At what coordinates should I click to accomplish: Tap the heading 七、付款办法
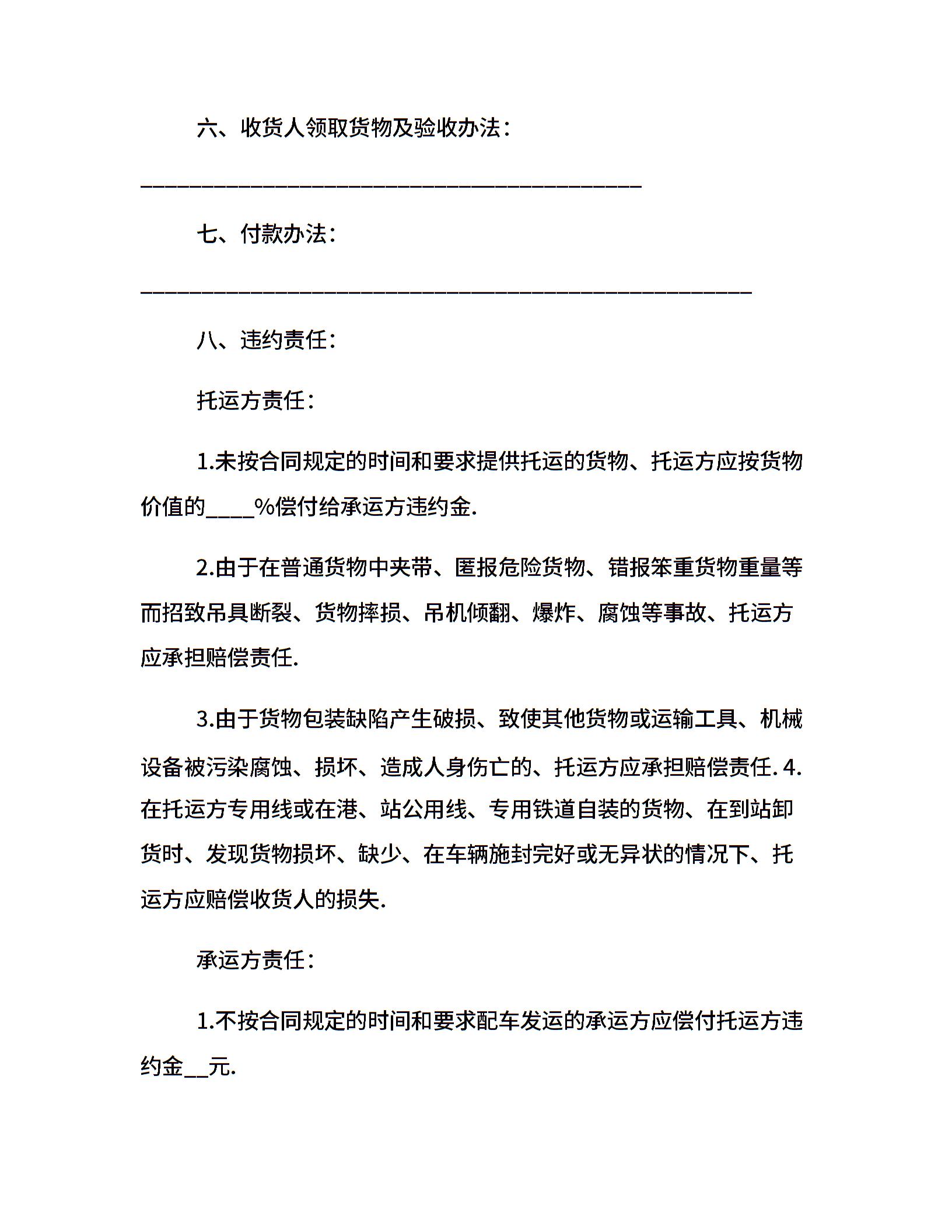point(266,234)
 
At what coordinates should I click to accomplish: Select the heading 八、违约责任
point(266,340)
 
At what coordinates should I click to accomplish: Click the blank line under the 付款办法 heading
point(446,290)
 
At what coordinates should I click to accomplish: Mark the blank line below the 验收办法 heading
point(391,185)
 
